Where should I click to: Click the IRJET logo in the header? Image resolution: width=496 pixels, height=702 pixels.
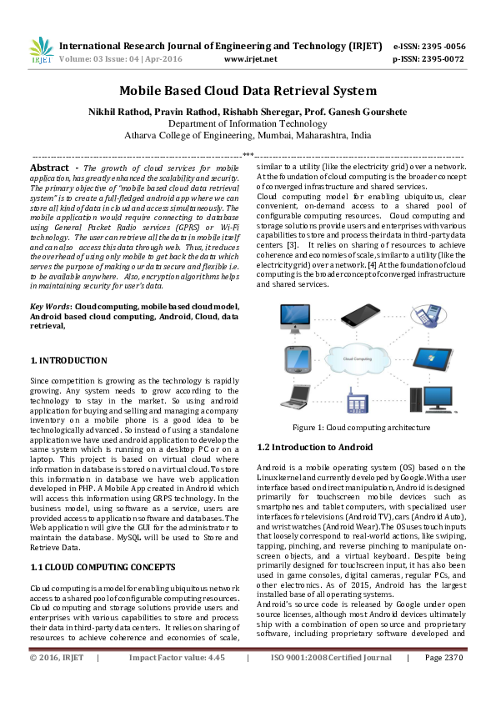40,52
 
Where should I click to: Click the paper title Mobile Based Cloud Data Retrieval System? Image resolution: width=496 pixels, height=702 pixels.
248,91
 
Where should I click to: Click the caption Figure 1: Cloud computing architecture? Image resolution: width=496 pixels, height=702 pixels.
362,428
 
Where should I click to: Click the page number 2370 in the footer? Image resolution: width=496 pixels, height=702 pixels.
449,681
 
